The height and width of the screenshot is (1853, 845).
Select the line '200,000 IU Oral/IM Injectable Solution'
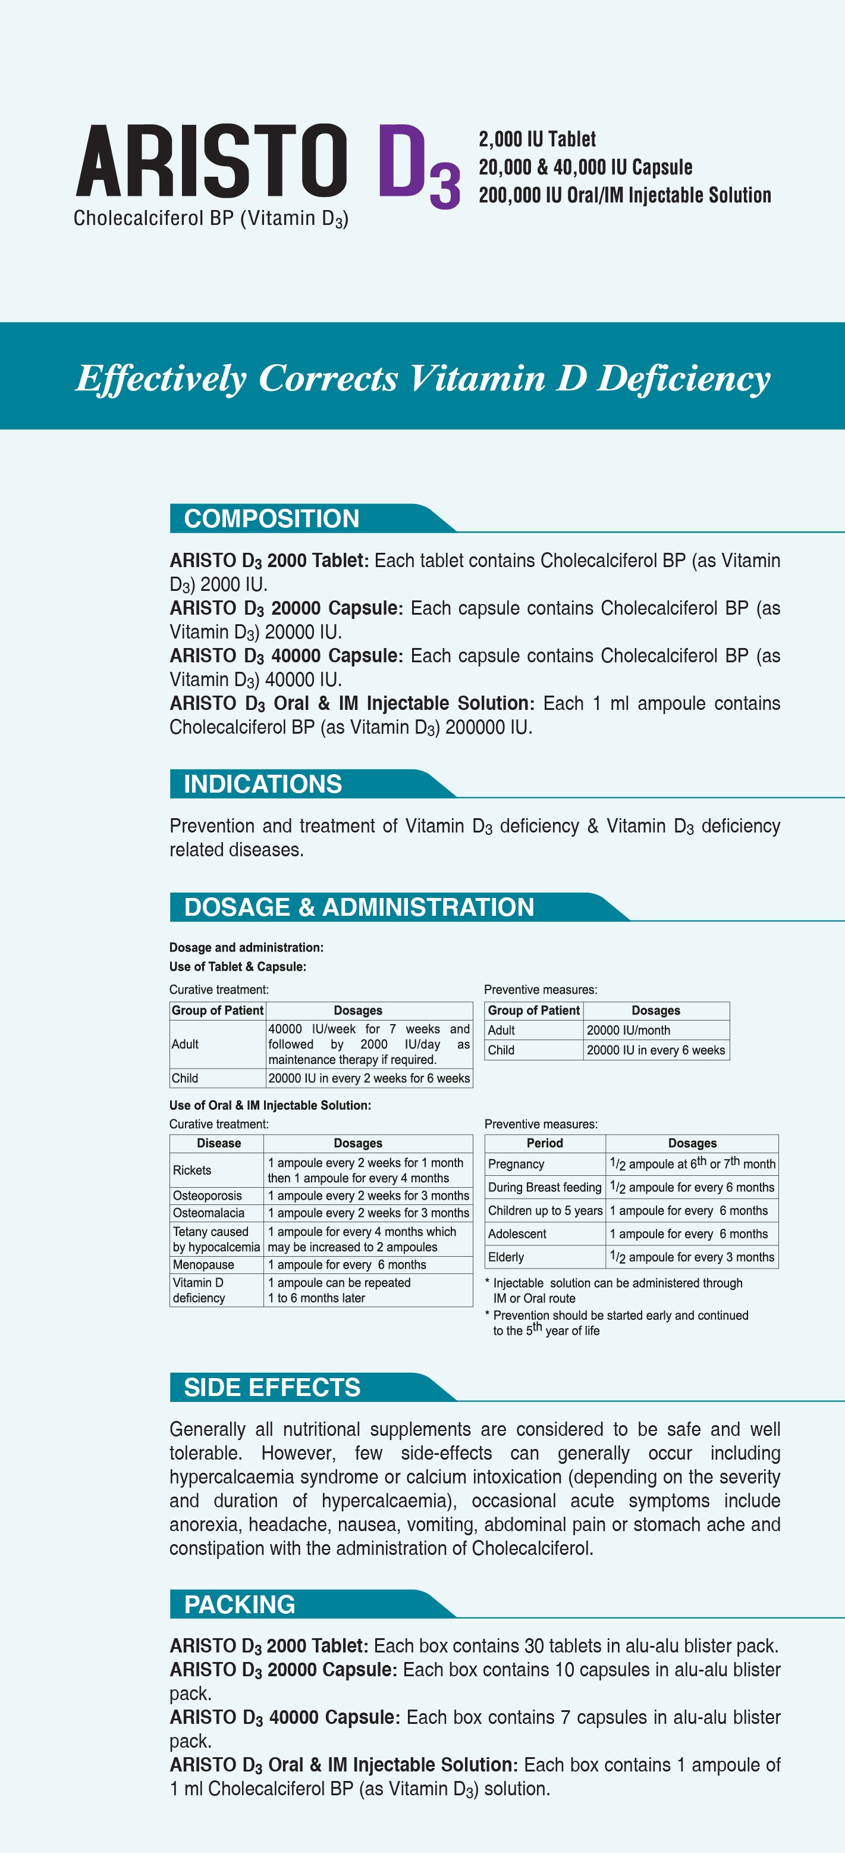coord(624,195)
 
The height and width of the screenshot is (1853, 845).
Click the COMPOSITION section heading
coord(271,519)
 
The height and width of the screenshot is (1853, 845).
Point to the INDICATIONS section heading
coord(262,784)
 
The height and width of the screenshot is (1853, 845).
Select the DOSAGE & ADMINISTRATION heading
coord(359,907)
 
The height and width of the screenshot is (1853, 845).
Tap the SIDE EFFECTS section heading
coord(272,1388)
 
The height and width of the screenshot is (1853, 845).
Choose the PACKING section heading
coord(240,1605)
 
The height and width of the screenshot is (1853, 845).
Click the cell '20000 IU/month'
coord(629,1030)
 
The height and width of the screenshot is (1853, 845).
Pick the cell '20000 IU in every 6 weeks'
coord(655,1050)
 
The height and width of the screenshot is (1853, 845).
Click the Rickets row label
coord(192,1170)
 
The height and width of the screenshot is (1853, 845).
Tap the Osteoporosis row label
coord(207,1195)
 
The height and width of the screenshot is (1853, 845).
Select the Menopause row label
coord(203,1264)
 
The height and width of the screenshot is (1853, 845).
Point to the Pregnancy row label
coord(516,1164)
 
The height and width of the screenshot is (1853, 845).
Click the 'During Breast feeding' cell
coord(544,1188)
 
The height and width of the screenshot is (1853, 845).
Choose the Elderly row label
coord(505,1257)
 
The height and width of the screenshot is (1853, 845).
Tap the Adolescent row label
coord(517,1234)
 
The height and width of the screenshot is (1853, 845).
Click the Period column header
coord(544,1143)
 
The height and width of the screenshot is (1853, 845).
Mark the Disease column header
coord(219,1143)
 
